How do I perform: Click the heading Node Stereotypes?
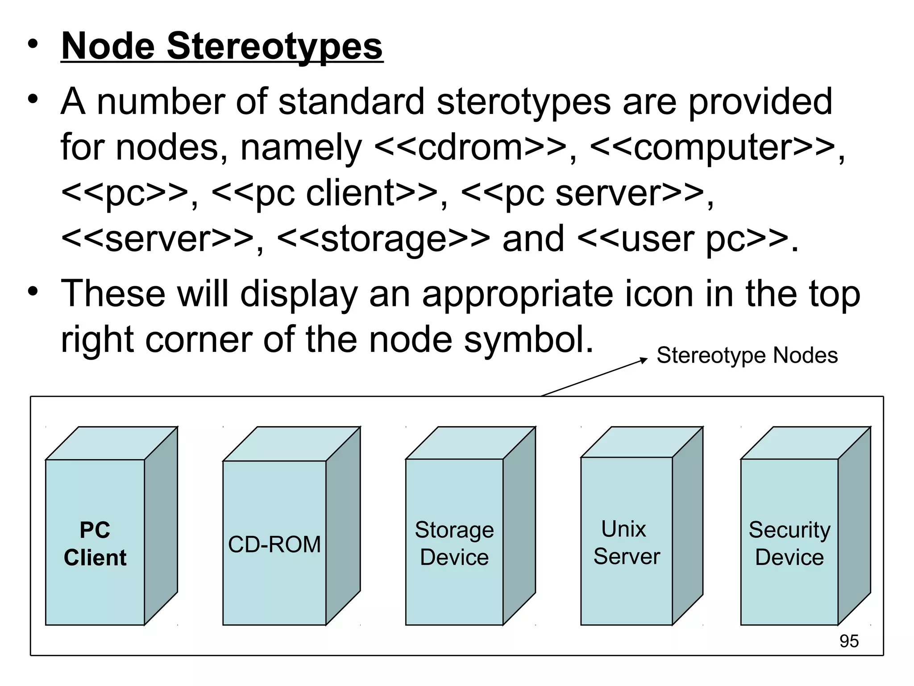tap(222, 46)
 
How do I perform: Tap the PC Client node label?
tap(95, 544)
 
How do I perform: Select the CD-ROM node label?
tap(274, 544)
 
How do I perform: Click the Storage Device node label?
tap(454, 544)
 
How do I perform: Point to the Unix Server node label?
tap(626, 543)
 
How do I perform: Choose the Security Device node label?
tap(789, 544)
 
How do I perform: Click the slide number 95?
tap(849, 641)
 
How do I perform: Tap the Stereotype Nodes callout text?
tap(747, 356)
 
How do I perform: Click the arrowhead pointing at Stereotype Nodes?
tap(643, 360)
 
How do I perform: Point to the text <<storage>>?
tap(383, 238)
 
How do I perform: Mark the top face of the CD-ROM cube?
tap(291, 443)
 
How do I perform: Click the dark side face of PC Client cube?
tap(161, 526)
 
